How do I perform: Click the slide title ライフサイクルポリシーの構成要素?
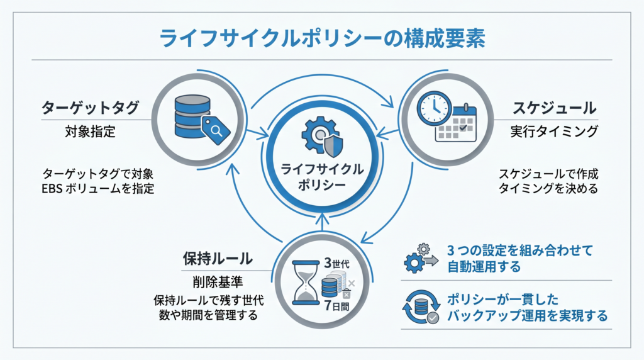[x=322, y=39]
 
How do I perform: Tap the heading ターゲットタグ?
[x=91, y=108]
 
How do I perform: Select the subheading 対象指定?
[x=91, y=132]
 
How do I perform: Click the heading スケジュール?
[x=555, y=108]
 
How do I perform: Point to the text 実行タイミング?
[x=554, y=132]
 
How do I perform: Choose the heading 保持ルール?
[x=218, y=259]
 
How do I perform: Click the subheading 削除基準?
[x=218, y=282]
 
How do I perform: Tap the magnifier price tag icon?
[x=216, y=130]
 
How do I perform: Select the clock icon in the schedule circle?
[x=434, y=108]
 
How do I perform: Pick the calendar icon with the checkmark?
[x=456, y=124]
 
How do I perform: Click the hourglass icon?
[x=306, y=283]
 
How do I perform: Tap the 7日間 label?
[x=336, y=306]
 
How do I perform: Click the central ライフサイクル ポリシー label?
[x=322, y=177]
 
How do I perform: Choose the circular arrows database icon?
[x=421, y=307]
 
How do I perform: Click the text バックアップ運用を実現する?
[x=528, y=315]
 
